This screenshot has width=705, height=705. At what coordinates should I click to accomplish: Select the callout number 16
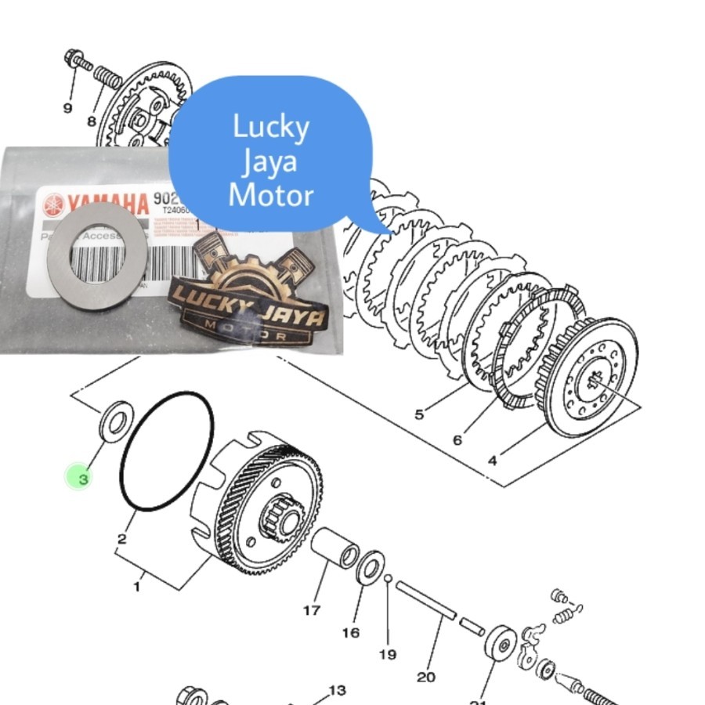(351, 632)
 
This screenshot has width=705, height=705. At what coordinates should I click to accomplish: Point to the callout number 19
(388, 654)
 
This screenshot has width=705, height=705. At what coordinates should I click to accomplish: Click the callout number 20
(426, 677)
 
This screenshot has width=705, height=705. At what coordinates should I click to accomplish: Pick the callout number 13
(337, 690)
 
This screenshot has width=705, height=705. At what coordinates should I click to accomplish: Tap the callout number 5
(419, 414)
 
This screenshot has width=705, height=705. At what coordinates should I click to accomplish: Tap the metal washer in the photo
(97, 259)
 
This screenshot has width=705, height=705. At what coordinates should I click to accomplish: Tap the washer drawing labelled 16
(369, 568)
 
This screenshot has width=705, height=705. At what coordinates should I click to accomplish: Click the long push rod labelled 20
(426, 601)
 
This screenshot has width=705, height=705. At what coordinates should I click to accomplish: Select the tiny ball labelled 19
(388, 578)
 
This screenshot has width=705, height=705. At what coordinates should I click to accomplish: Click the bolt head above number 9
(74, 58)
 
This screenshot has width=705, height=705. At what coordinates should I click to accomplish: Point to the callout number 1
(138, 585)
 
